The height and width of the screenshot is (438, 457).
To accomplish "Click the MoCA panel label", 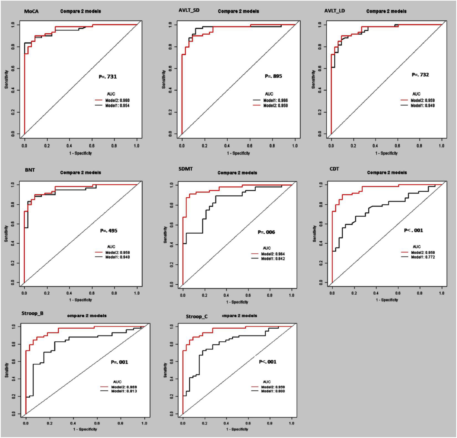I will pyautogui.click(x=31, y=11).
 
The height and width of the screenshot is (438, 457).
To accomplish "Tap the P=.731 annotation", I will pyautogui.click(x=108, y=77).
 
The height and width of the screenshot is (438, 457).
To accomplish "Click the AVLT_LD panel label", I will pyautogui.click(x=334, y=11).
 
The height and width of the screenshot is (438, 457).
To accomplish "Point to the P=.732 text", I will pyautogui.click(x=420, y=75).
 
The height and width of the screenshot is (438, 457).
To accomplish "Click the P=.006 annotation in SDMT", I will pyautogui.click(x=266, y=232).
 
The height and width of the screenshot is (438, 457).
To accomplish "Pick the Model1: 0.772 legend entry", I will pyautogui.click(x=423, y=257).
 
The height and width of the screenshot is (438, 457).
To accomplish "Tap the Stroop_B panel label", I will pyautogui.click(x=32, y=313).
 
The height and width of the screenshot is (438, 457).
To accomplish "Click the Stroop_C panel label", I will pyautogui.click(x=197, y=316).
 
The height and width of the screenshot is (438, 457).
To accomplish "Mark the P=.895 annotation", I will pyautogui.click(x=273, y=76).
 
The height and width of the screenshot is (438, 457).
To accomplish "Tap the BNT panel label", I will pyautogui.click(x=30, y=170).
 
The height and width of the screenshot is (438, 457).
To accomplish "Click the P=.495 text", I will pyautogui.click(x=109, y=231).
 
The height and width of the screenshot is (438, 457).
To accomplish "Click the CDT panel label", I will pyautogui.click(x=334, y=169).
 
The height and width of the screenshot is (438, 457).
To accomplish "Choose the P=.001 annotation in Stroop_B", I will pyautogui.click(x=119, y=362).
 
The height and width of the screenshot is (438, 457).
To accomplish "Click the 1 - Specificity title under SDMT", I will pyautogui.click(x=237, y=302).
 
